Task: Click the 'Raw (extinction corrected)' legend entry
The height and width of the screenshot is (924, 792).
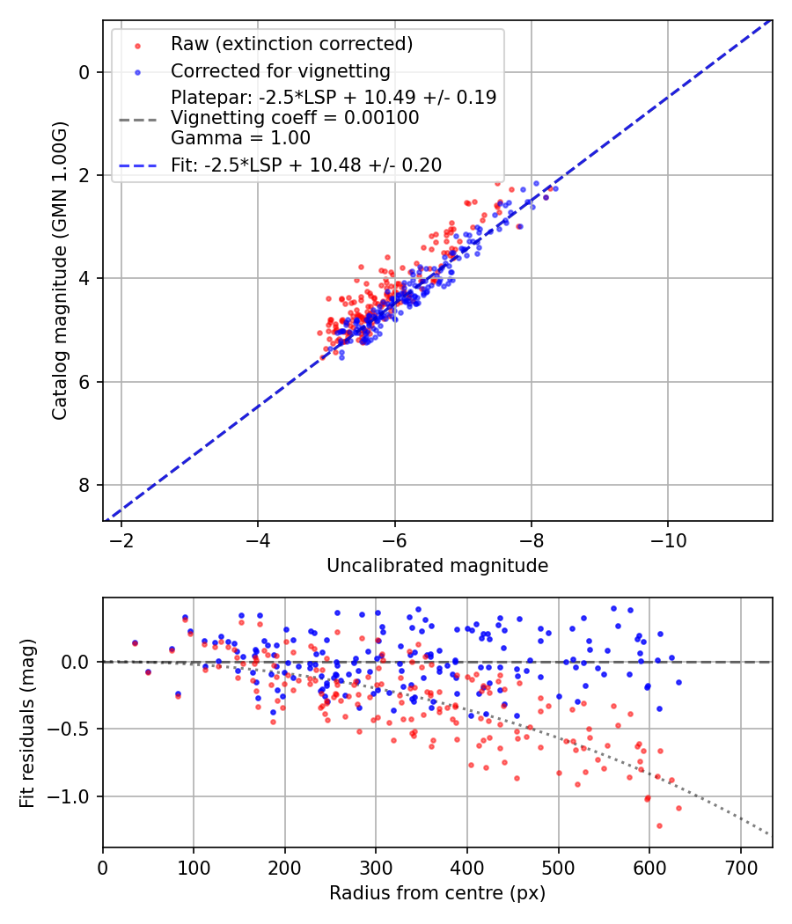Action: [291, 43]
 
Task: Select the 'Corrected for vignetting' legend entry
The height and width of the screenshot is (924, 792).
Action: [281, 70]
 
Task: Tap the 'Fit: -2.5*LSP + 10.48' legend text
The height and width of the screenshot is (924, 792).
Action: [306, 165]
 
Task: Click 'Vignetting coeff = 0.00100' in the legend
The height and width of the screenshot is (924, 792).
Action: [295, 118]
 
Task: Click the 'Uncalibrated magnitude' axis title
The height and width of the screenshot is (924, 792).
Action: [437, 566]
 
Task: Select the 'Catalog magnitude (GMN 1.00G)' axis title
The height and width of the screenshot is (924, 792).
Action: [59, 271]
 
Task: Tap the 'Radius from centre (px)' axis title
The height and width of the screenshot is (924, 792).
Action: [437, 893]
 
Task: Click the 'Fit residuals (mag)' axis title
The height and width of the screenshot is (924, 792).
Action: [27, 722]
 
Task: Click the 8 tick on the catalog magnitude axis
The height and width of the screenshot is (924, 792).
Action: [85, 485]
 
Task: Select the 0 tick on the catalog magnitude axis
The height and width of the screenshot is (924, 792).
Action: [85, 72]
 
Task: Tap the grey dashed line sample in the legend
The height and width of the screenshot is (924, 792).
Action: [137, 118]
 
